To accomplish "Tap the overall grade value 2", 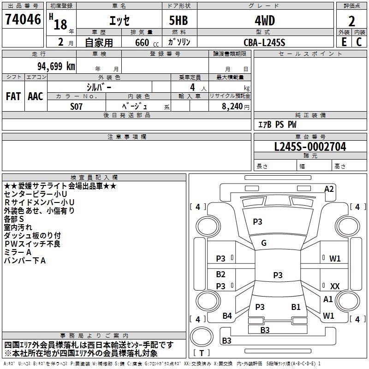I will [x=351, y=21].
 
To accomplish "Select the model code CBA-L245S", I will [x=264, y=42].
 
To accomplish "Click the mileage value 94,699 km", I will [x=53, y=66].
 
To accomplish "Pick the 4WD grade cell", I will [x=264, y=20].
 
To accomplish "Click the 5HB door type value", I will [x=179, y=20].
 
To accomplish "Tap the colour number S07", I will [x=77, y=106].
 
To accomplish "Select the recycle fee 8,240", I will [x=236, y=106].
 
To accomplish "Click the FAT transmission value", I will [x=13, y=96].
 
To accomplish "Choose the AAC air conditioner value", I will [x=36, y=96].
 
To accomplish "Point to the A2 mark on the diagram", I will [x=329, y=189].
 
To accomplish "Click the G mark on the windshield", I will [x=264, y=243].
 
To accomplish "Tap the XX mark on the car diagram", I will [x=335, y=286].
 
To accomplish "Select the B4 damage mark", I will [x=227, y=316].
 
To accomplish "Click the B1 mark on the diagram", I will [x=296, y=307].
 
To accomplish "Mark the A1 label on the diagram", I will [x=328, y=299].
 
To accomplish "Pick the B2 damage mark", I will [x=221, y=274].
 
